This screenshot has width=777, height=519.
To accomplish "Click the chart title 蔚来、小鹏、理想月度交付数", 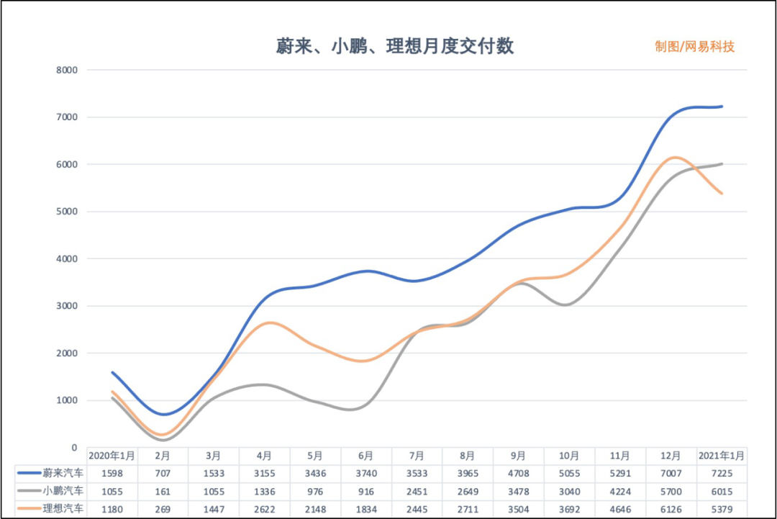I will [395, 47].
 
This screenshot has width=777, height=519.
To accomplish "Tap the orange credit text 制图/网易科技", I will [694, 47].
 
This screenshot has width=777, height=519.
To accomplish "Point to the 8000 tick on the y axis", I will [67, 71].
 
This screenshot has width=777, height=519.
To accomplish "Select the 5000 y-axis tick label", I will [67, 212].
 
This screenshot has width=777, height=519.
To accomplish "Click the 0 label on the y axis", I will [74, 448].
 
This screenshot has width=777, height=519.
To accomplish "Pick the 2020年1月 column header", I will [112, 456].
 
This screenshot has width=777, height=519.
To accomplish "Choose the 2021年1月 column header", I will [722, 456].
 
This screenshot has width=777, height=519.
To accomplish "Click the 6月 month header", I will [365, 456].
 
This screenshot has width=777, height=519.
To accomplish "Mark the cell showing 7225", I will [722, 474].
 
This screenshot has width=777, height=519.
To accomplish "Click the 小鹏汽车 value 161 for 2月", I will [163, 492].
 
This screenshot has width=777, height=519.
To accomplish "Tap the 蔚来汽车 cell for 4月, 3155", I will [264, 474].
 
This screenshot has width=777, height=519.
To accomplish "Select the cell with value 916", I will [365, 492].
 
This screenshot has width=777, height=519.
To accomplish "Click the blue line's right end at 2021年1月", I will [722, 107].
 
